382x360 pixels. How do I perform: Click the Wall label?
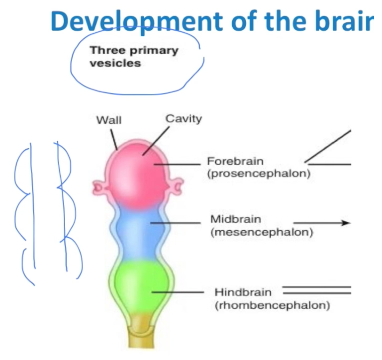pyautogui.click(x=108, y=120)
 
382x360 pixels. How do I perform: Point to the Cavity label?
pyautogui.click(x=184, y=118)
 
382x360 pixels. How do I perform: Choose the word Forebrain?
pyautogui.click(x=235, y=162)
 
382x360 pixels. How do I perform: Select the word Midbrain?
pyautogui.click(x=235, y=219)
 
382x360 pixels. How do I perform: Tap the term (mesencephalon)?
pyautogui.click(x=262, y=232)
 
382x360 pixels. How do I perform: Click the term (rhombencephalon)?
pyautogui.click(x=272, y=305)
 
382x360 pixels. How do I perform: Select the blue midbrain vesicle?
pyautogui.click(x=136, y=234)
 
